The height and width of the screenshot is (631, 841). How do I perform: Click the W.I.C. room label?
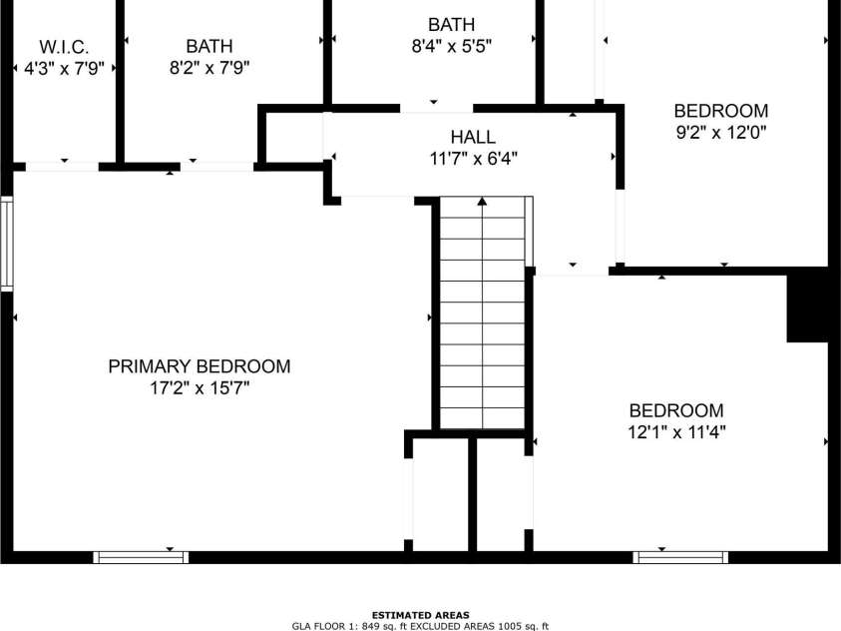click(x=64, y=47)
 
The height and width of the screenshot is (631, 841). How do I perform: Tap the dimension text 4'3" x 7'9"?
click(x=64, y=68)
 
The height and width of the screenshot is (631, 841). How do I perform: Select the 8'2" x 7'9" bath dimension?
click(x=209, y=68)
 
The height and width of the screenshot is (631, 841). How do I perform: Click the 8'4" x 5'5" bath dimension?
click(x=451, y=46)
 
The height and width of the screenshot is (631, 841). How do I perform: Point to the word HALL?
click(x=472, y=137)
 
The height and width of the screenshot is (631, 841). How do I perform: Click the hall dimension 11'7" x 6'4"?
click(x=472, y=158)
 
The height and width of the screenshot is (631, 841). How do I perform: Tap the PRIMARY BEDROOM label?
click(x=200, y=366)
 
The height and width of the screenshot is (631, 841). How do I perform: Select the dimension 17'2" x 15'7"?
click(x=200, y=388)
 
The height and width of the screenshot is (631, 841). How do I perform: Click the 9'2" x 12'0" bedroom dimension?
click(x=721, y=132)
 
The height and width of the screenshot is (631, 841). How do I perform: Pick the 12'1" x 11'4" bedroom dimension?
click(x=676, y=432)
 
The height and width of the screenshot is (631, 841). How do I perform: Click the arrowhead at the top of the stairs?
click(x=483, y=202)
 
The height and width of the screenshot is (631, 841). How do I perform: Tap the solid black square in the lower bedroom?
click(x=808, y=306)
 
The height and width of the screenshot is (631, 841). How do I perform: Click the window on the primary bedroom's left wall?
click(x=6, y=245)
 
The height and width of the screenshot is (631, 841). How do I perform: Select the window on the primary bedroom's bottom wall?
click(x=141, y=556)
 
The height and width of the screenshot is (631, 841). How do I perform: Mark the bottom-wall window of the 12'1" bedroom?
click(x=681, y=556)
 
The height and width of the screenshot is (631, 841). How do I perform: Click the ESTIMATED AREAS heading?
click(x=420, y=615)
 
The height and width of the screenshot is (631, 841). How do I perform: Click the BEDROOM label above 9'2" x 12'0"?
click(x=721, y=111)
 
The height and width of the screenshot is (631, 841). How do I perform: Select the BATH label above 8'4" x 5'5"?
click(x=451, y=24)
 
